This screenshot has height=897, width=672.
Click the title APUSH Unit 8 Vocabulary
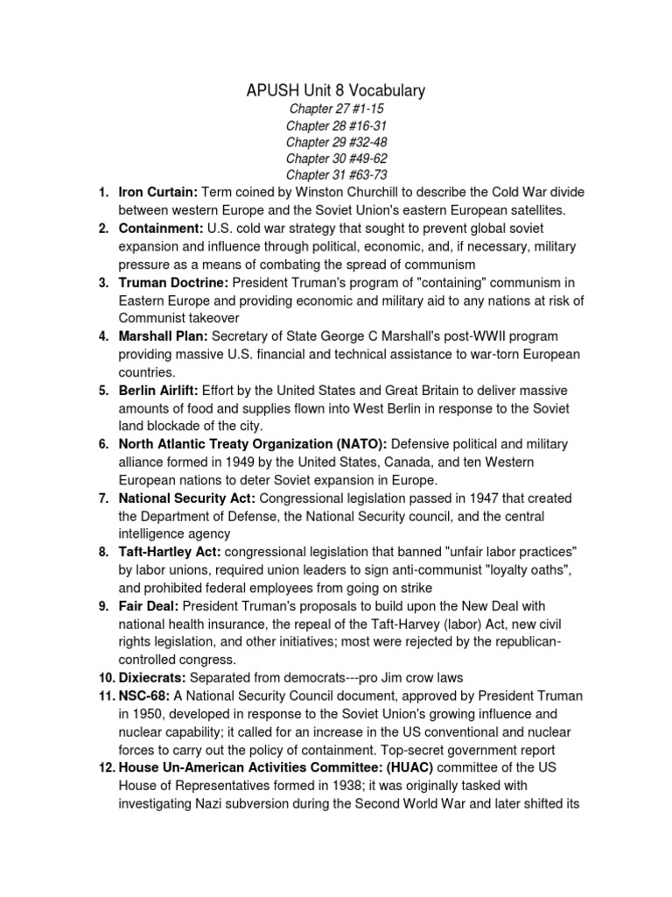(x=337, y=89)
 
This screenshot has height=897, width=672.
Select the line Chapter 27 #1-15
(x=337, y=109)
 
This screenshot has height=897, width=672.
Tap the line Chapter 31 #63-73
(x=337, y=175)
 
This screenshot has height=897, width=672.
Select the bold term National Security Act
(x=185, y=498)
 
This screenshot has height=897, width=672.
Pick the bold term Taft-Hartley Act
(x=170, y=552)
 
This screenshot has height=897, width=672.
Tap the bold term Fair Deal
(x=149, y=605)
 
